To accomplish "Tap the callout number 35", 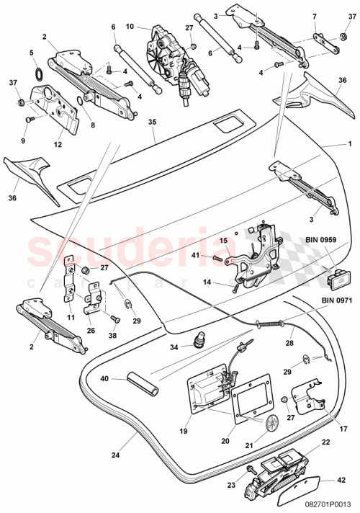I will (x=151, y=122).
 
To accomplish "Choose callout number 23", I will (x=232, y=486).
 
